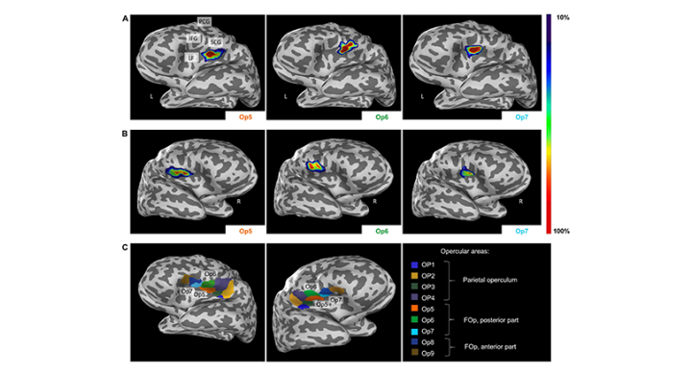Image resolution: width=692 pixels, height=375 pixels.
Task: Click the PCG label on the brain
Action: coord(204,21)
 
